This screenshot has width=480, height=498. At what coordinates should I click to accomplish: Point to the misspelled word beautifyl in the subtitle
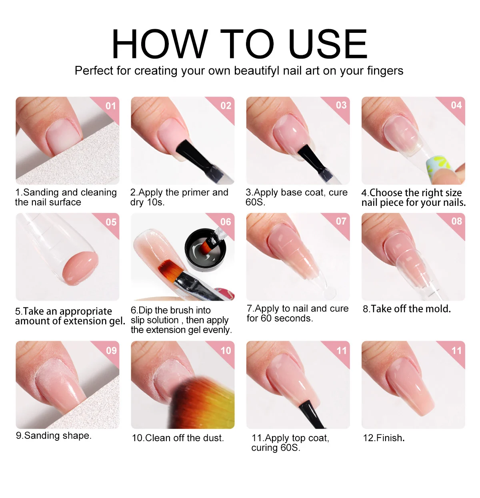(256, 71)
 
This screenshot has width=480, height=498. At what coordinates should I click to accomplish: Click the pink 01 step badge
(111, 106)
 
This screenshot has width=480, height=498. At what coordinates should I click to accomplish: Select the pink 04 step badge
(456, 105)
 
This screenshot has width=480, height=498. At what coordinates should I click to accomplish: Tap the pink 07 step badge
(341, 221)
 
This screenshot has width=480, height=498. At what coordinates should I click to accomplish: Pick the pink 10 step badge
(226, 351)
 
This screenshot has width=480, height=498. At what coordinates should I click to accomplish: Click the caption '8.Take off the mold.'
(406, 309)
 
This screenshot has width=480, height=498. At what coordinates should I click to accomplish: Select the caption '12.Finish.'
(384, 438)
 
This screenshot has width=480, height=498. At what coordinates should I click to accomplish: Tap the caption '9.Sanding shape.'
(54, 436)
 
